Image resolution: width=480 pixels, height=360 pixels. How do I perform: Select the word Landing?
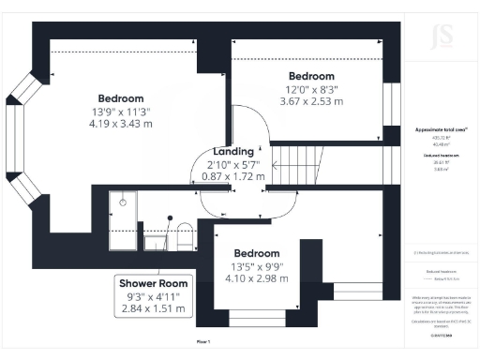click(x=233, y=151)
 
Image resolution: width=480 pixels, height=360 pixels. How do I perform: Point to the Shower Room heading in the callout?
click(x=153, y=283)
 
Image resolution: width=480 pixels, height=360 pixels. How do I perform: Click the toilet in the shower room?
click(x=186, y=234)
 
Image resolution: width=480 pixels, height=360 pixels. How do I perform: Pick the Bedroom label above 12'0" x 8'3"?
click(x=311, y=76)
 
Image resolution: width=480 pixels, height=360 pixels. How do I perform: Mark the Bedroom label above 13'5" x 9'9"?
click(x=256, y=253)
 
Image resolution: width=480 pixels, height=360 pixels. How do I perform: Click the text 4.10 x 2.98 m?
click(x=256, y=278)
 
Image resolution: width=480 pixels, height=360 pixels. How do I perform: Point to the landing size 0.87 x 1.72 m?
click(x=233, y=175)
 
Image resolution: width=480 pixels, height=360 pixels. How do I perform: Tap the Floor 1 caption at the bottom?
click(x=203, y=343)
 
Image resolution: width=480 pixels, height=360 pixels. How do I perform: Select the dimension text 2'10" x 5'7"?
click(x=233, y=163)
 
